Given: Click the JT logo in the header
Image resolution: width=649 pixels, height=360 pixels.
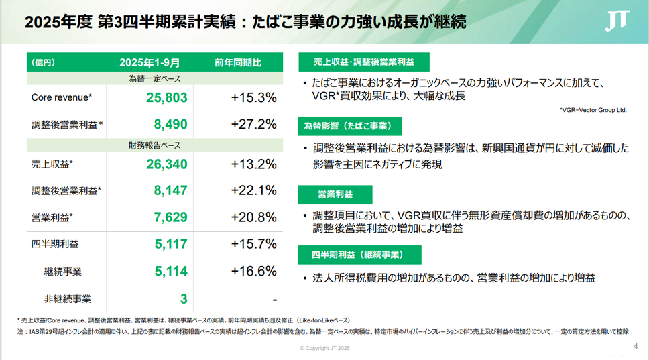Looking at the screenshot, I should (x=617, y=23).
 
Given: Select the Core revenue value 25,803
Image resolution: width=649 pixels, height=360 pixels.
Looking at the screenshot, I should (x=166, y=98).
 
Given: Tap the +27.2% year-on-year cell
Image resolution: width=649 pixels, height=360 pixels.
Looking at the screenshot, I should (x=253, y=124).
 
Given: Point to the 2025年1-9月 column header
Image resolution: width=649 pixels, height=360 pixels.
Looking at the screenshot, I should (x=150, y=62).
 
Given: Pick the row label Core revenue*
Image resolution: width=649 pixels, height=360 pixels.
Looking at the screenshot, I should (x=62, y=98).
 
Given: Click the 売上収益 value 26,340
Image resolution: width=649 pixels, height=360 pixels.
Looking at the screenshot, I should (x=166, y=164).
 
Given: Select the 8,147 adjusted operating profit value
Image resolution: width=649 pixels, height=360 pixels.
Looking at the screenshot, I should (x=170, y=191).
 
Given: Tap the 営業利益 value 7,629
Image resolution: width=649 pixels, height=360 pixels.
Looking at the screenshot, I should (x=170, y=217).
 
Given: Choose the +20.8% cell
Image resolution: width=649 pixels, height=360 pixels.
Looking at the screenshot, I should (x=253, y=217).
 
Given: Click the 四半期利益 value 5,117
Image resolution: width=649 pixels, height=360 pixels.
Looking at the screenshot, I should (x=170, y=244).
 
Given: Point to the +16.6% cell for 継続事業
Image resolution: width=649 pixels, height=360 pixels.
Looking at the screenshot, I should (x=253, y=271).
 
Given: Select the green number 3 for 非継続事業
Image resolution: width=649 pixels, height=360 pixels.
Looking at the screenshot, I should (x=183, y=298).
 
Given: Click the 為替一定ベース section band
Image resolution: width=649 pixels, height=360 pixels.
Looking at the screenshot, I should (x=154, y=79).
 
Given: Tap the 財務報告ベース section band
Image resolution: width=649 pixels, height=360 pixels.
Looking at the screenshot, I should (x=154, y=145).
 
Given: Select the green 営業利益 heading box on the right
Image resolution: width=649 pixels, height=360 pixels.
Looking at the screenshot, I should (x=335, y=195).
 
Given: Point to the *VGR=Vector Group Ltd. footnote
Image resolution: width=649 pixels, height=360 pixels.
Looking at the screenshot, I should (x=593, y=110).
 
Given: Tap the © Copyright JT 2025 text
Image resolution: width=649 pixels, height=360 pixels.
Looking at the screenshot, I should (x=324, y=348).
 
